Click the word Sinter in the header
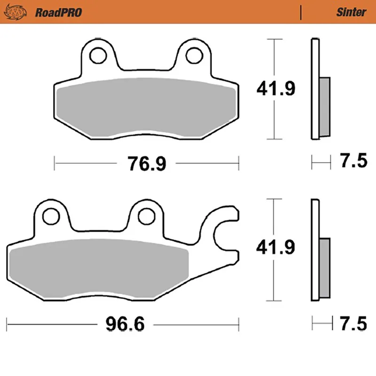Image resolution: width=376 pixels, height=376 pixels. [351, 12]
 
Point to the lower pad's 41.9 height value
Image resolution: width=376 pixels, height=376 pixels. [275, 247]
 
